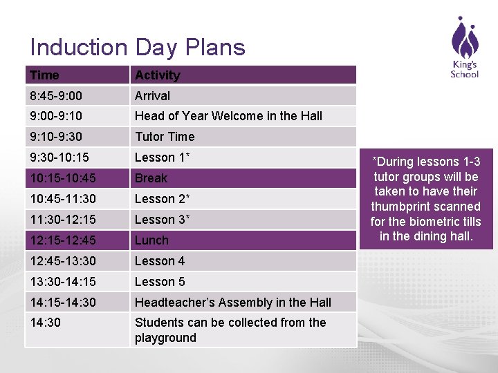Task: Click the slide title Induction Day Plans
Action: point(138,48)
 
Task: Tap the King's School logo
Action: point(464,48)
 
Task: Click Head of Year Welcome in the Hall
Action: point(228,116)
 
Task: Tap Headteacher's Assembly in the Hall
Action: point(232,303)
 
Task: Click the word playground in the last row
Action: point(165,338)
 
